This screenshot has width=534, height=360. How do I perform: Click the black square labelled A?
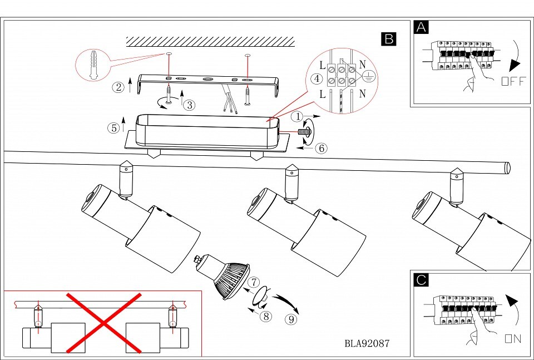click(x=421, y=27)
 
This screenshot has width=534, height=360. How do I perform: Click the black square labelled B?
click(x=389, y=39)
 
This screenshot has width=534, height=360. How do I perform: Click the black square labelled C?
click(x=421, y=280)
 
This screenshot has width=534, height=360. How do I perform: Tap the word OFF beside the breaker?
click(x=513, y=81)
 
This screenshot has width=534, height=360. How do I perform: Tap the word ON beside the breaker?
click(x=513, y=338)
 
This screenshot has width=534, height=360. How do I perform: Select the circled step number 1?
click(x=298, y=117)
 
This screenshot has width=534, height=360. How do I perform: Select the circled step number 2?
click(x=118, y=87)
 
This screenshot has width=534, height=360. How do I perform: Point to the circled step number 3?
click(x=189, y=105)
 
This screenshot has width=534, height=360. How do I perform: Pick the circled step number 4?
click(x=317, y=79)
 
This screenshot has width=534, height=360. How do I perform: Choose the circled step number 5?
click(x=113, y=128)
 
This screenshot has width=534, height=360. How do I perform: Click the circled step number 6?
click(x=321, y=148)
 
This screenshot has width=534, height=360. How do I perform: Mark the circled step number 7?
click(x=254, y=282)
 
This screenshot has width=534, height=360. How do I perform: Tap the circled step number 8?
click(x=266, y=316)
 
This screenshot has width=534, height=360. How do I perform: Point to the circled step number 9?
click(x=291, y=319)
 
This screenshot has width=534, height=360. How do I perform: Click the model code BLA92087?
click(x=367, y=343)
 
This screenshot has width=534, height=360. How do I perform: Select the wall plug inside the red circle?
click(x=93, y=65)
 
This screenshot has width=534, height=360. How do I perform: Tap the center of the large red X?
click(x=104, y=323)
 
